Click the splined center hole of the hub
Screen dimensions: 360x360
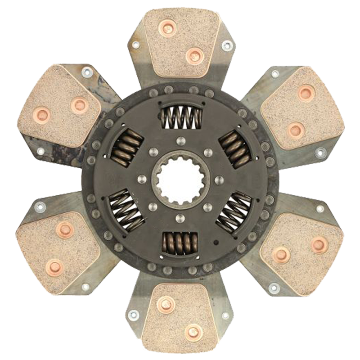click(180, 180)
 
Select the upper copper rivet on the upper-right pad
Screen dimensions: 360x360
click(306, 93)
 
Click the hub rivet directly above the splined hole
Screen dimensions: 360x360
click(180, 140)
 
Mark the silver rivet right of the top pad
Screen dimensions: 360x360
click(227, 45)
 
